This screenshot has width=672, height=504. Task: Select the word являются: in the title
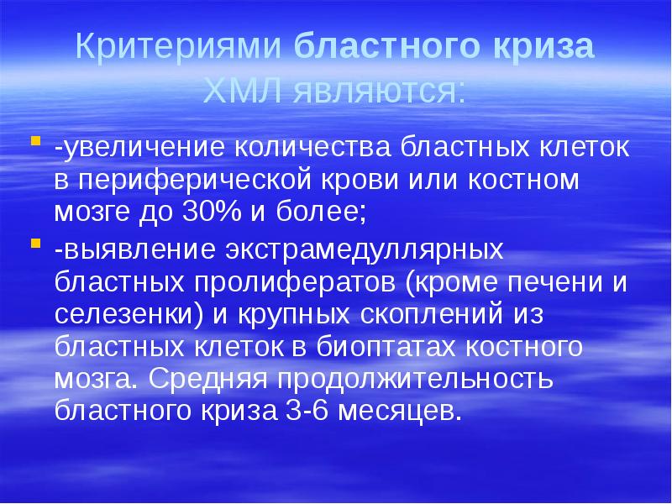click(377, 87)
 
